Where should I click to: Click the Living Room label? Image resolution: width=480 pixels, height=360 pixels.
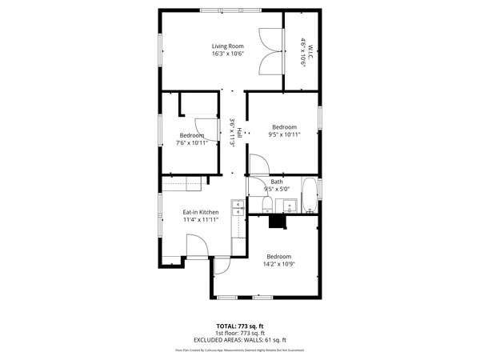[227, 46]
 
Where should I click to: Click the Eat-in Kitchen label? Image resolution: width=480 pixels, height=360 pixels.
[201, 212]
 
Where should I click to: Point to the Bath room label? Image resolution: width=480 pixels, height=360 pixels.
[277, 182]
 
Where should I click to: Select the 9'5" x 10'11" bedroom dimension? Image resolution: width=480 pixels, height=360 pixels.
[284, 135]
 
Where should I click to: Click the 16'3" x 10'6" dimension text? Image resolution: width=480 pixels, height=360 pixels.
[227, 54]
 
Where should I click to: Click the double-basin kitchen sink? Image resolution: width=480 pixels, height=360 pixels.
[238, 207]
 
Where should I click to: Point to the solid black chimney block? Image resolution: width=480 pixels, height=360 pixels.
[278, 222]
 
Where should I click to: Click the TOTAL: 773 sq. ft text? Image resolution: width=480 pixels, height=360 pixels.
[240, 326]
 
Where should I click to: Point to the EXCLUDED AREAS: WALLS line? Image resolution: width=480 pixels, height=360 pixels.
[240, 339]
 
